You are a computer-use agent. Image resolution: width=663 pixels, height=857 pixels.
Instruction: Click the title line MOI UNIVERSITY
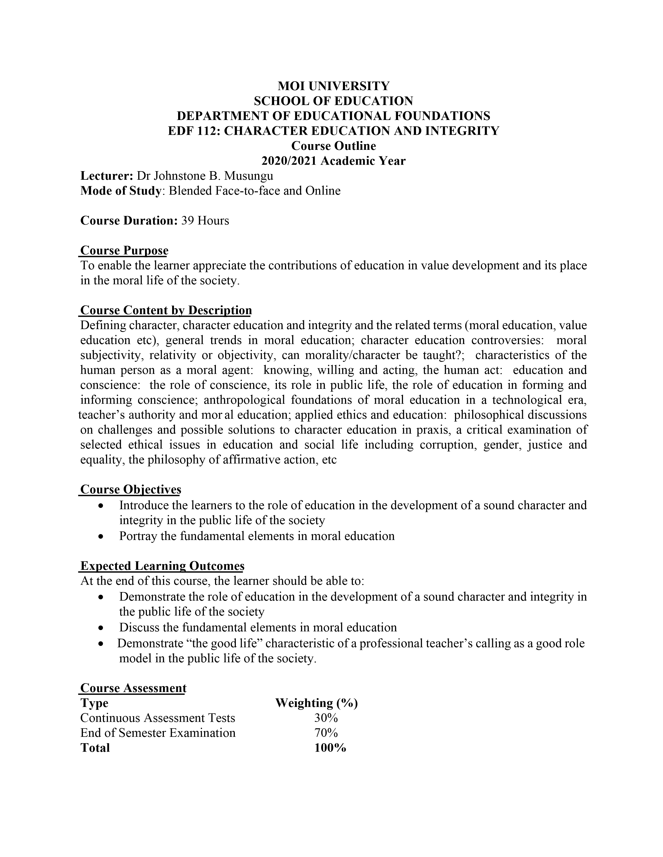coord(334,86)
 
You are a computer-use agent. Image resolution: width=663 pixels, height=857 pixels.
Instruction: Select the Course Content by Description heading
coord(166,310)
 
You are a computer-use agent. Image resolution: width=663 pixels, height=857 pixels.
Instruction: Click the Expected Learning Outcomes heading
coord(162,566)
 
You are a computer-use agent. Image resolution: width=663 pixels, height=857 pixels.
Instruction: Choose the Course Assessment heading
coord(133,688)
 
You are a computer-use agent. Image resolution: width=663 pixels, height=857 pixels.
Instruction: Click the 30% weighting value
coord(326,718)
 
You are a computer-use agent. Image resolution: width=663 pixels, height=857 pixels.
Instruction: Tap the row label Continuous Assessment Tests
coord(158,718)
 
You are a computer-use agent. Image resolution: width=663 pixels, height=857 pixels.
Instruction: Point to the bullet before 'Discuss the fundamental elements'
coord(102,627)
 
